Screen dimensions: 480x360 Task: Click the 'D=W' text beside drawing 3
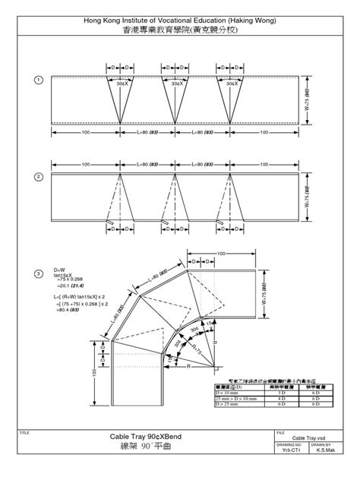(x=61, y=270)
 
